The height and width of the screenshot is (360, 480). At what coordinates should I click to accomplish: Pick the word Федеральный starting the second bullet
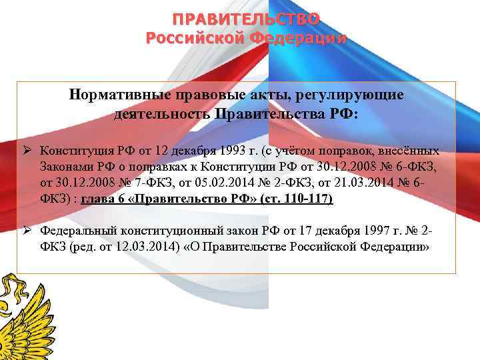(x=77, y=231)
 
